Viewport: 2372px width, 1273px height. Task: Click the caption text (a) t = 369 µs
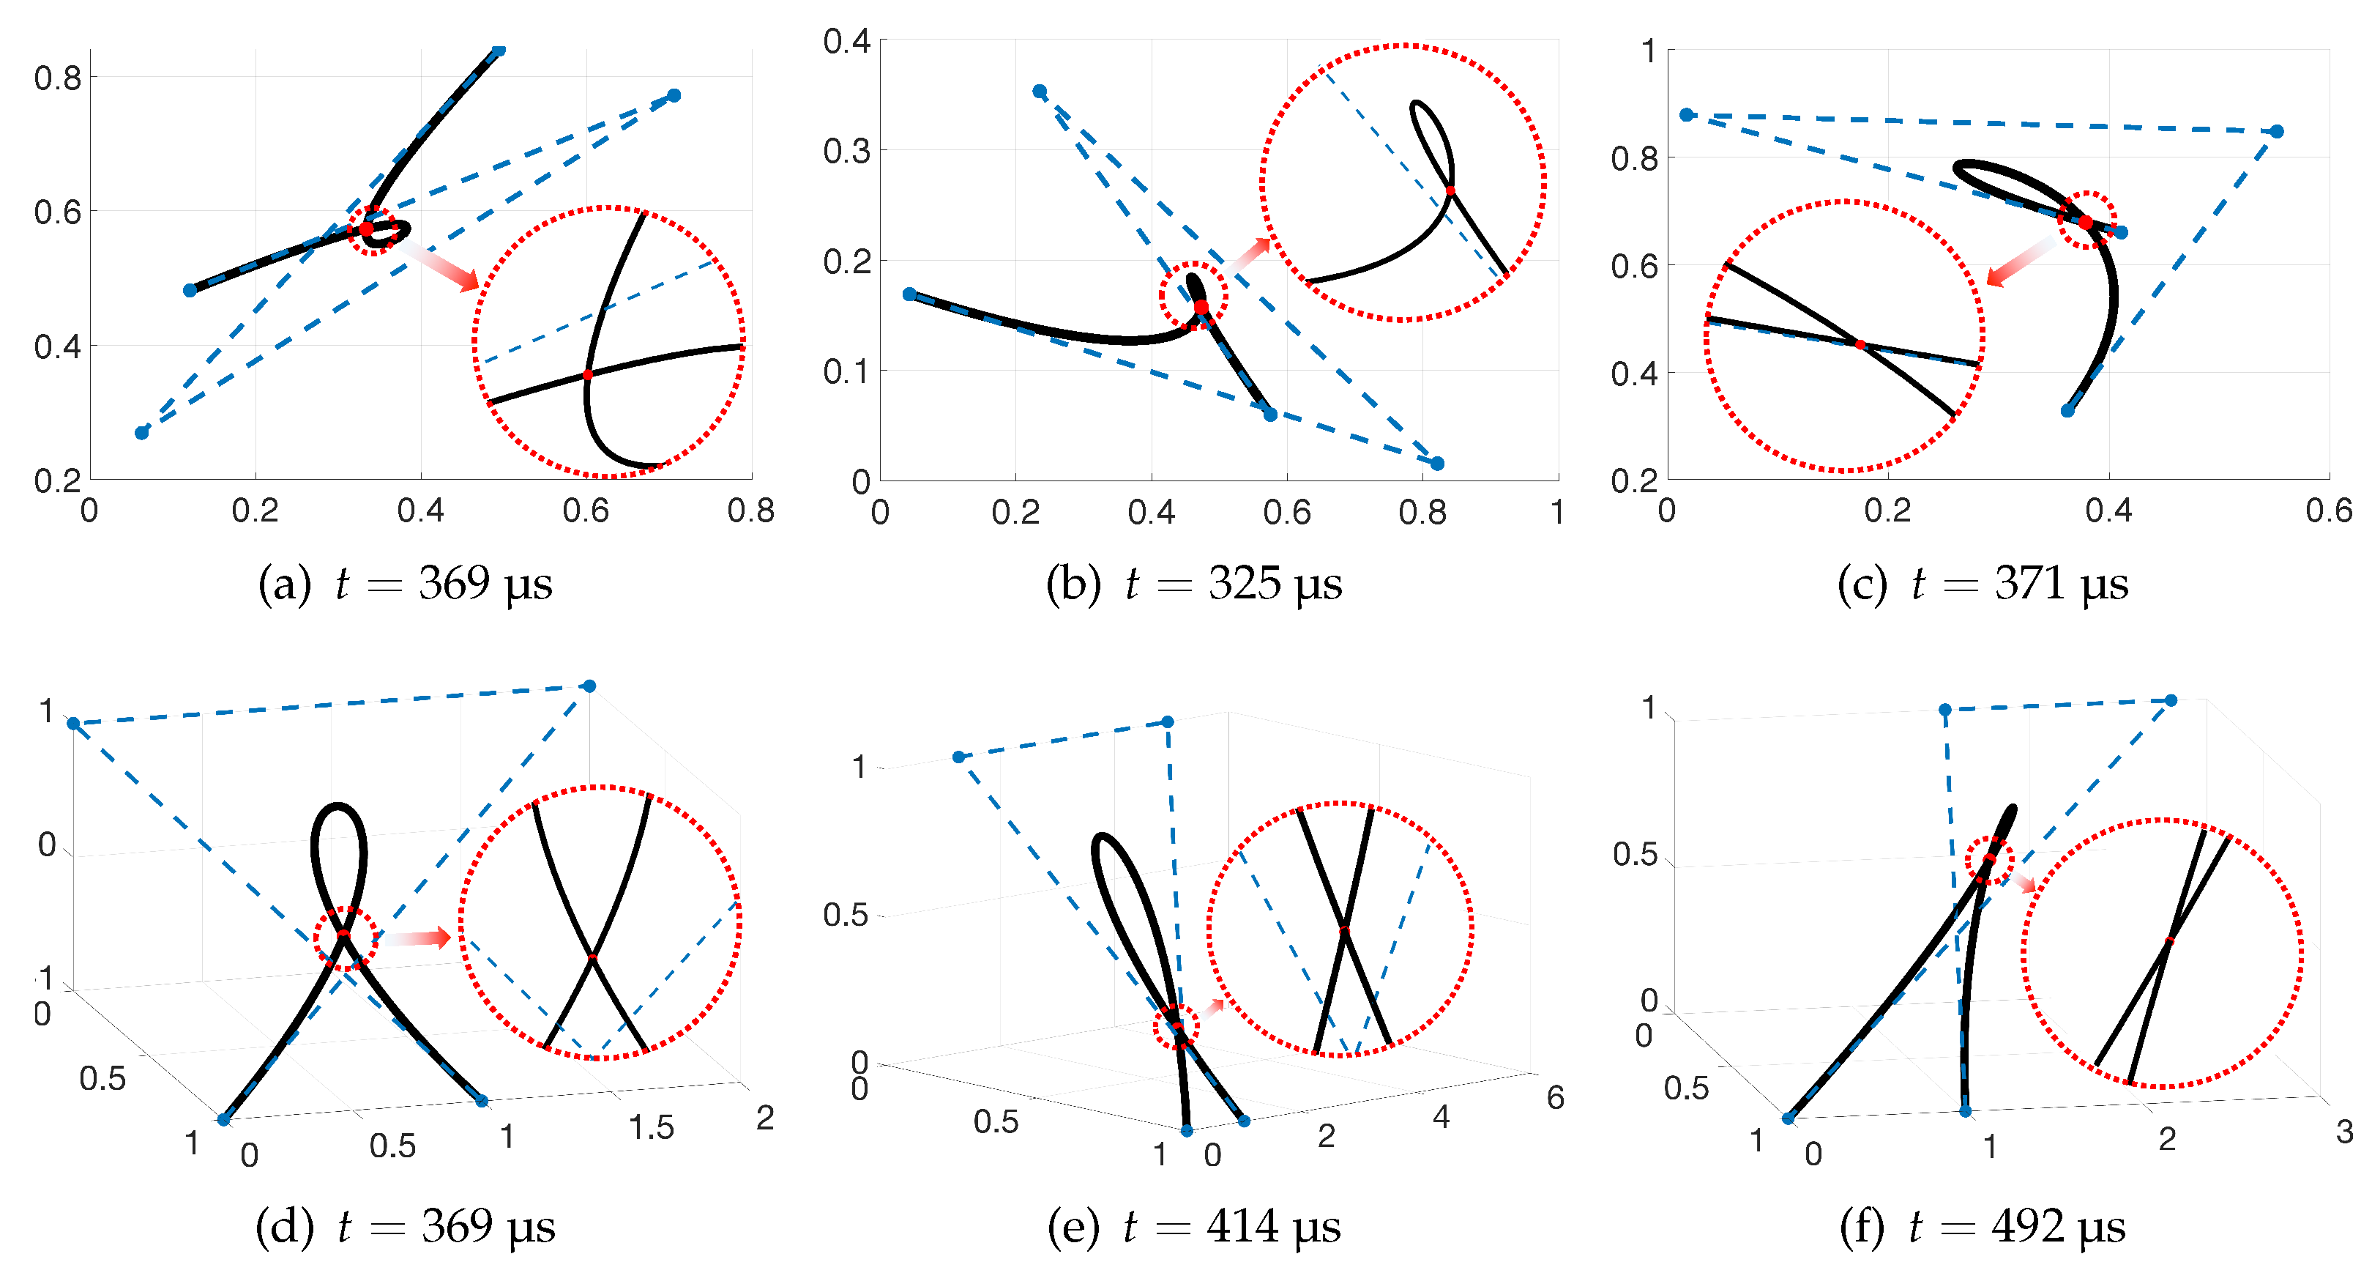(405, 584)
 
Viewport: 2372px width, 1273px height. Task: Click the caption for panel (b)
(1194, 584)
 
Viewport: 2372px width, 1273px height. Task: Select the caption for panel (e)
(1194, 1226)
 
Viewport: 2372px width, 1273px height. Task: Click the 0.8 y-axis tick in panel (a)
(57, 78)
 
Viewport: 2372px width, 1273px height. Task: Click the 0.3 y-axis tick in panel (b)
(846, 151)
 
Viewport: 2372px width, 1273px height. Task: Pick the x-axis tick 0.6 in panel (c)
(2329, 511)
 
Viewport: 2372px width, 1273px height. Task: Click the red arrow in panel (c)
(2022, 261)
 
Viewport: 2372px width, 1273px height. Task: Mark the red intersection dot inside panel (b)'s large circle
(1450, 190)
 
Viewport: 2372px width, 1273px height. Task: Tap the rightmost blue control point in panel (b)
(1437, 464)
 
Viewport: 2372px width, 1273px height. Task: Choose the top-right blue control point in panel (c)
(2277, 132)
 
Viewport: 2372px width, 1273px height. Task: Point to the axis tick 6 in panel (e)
(1555, 1097)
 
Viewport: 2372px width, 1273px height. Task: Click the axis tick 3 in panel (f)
(2344, 1131)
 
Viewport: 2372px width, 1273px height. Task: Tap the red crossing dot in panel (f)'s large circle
(2169, 940)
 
